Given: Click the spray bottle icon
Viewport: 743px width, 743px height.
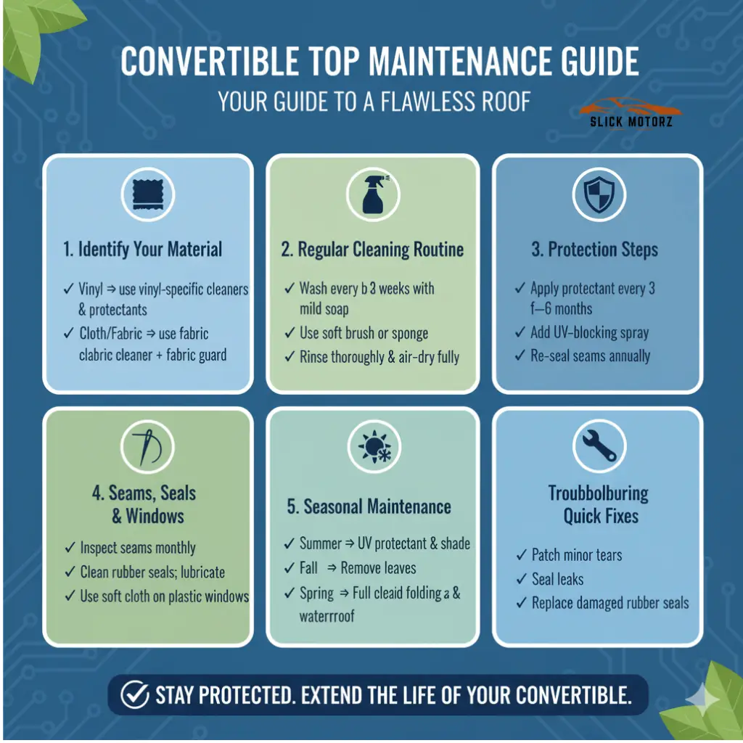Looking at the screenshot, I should tap(373, 194).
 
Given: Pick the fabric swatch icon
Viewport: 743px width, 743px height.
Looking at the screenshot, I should tap(147, 194).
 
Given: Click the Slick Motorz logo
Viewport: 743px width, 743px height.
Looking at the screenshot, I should tap(630, 115).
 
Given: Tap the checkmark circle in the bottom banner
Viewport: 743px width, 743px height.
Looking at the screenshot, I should tap(135, 696).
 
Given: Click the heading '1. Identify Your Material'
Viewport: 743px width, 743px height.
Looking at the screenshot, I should tap(142, 250).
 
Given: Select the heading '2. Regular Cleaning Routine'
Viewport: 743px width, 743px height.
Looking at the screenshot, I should tap(372, 250).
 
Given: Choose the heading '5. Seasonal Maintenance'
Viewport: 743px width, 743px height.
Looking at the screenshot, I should tap(369, 506).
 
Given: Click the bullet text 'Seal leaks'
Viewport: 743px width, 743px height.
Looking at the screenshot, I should tap(557, 579).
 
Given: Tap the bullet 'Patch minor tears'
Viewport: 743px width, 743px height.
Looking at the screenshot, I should tap(577, 555).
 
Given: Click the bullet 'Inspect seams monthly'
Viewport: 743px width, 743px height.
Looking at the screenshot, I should tap(138, 548).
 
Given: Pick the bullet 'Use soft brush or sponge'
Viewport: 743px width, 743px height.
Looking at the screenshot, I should tap(364, 334).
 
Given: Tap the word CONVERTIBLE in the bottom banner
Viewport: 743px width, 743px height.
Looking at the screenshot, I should tap(559, 696).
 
